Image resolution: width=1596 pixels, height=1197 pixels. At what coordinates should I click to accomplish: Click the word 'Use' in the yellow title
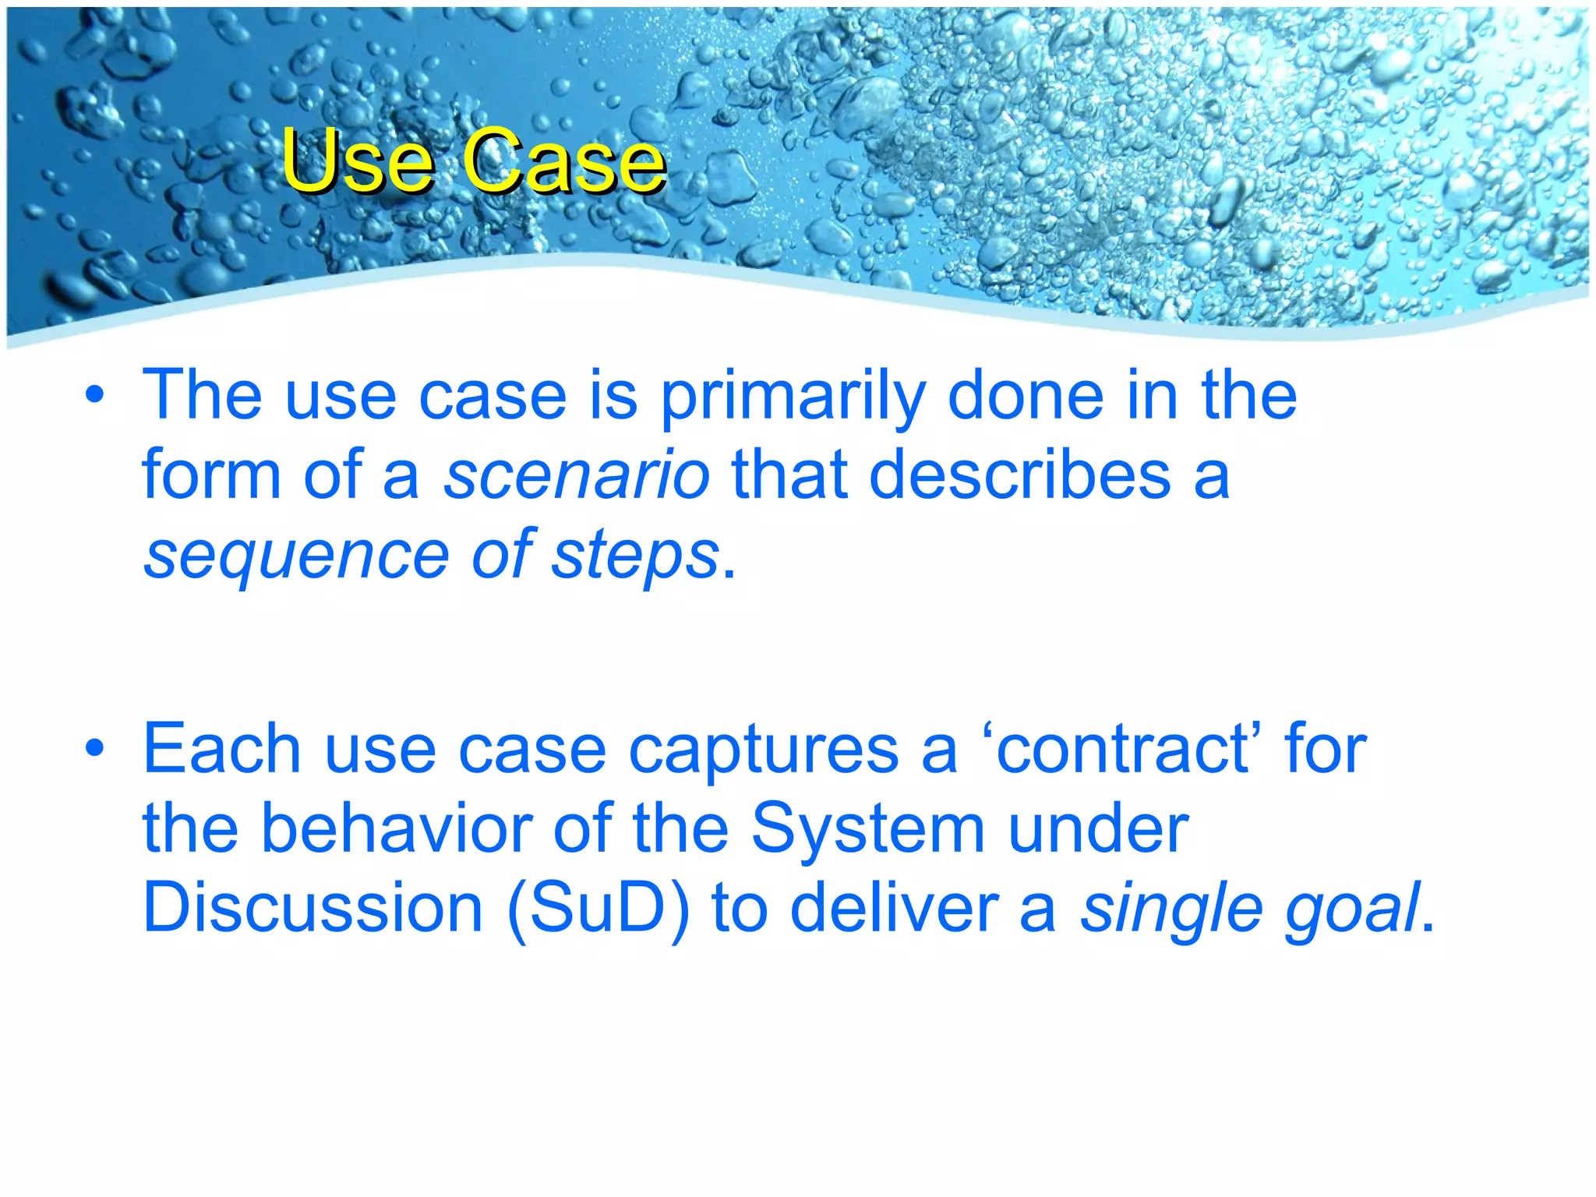[357, 161]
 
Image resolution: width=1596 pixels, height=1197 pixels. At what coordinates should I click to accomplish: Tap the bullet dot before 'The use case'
[95, 395]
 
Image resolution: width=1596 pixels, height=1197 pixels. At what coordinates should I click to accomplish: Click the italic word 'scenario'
[577, 476]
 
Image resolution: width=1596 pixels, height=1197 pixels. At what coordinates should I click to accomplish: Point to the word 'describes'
[1019, 476]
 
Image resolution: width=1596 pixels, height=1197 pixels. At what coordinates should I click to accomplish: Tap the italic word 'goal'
[1352, 910]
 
